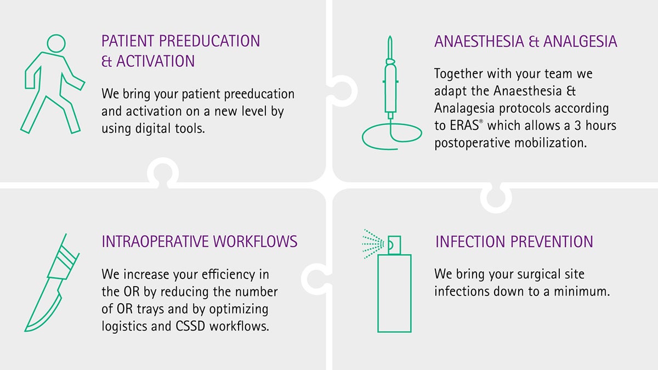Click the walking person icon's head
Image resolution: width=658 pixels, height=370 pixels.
tap(56, 43)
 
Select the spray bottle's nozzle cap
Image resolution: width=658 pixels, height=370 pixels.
tap(394, 245)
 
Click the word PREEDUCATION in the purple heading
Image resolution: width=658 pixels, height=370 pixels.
tap(209, 41)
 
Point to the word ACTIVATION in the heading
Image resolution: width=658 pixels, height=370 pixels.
tap(156, 61)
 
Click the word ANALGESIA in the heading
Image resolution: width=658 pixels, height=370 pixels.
tap(580, 42)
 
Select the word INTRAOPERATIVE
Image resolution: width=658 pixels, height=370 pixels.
tap(156, 241)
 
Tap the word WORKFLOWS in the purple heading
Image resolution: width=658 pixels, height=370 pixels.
tap(256, 241)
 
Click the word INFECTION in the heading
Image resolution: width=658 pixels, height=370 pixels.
tap(470, 242)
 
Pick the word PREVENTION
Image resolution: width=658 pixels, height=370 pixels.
tap(552, 242)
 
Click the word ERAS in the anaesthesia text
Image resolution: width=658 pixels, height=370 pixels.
tap(464, 126)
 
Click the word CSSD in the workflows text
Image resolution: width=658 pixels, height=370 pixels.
tap(190, 326)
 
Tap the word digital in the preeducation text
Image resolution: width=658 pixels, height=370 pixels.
tap(153, 129)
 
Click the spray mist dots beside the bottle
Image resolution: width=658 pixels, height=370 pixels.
tap(373, 244)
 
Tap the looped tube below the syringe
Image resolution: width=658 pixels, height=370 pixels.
tap(392, 136)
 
